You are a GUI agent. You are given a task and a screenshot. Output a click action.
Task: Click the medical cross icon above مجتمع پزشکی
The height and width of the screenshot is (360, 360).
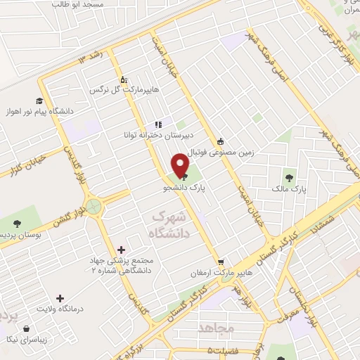click(x=122, y=249)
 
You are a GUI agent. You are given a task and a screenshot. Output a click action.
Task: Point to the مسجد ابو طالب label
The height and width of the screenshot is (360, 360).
click(x=77, y=4)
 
